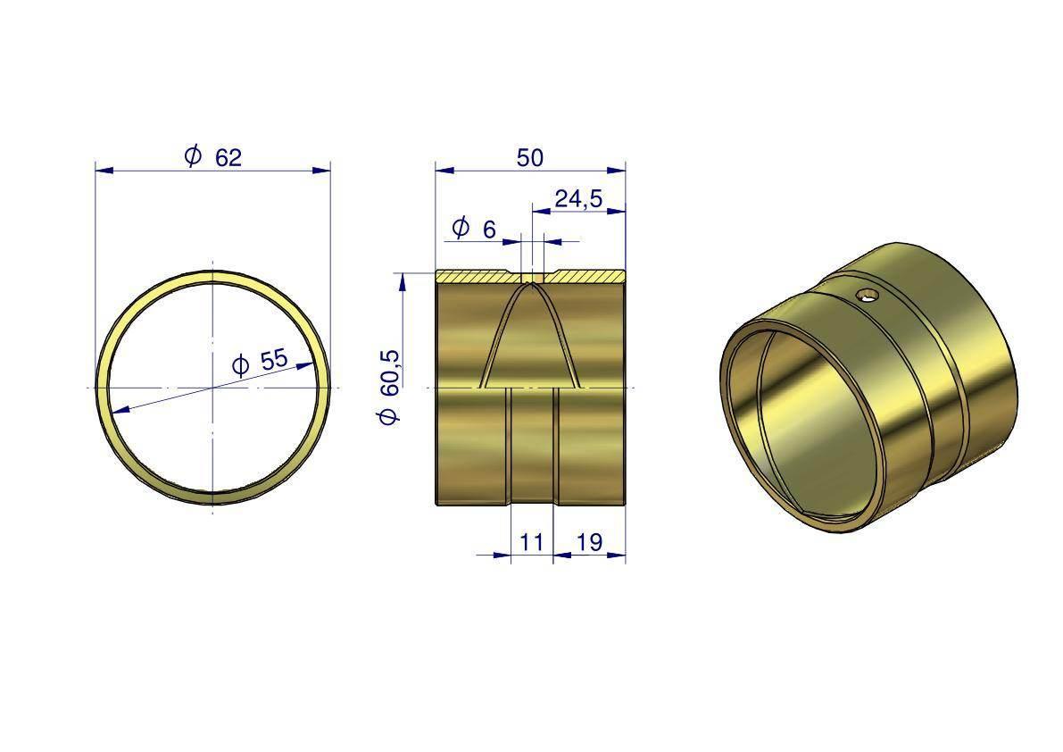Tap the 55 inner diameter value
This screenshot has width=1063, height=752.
point(274,359)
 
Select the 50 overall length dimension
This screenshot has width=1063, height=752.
point(529,157)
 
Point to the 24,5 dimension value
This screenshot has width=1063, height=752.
point(578,198)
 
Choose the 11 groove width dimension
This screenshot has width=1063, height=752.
point(532,542)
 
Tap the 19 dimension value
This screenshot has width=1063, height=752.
point(589,542)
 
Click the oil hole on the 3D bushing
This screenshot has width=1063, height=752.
point(867,295)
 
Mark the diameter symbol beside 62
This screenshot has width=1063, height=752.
point(193,156)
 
